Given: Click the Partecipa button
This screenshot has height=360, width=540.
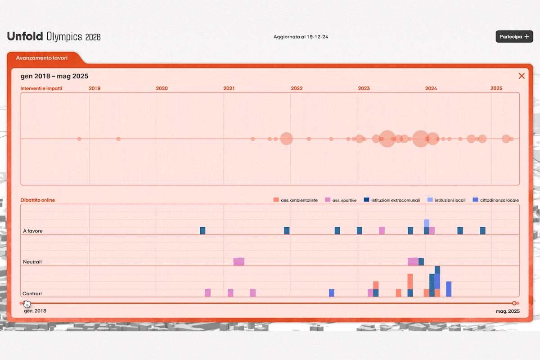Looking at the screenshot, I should (x=514, y=36).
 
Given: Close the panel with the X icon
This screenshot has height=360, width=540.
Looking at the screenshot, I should (x=522, y=76).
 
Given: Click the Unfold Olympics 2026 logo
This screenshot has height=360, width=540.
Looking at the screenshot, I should (x=54, y=37).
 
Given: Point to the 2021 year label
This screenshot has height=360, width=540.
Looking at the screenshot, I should (x=229, y=88).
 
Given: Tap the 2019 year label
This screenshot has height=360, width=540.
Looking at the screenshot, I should (x=94, y=88).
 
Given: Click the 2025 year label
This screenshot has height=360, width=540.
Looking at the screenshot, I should (x=496, y=88).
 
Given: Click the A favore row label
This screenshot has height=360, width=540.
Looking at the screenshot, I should (x=32, y=231).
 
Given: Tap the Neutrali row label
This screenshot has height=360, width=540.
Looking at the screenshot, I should (x=32, y=261).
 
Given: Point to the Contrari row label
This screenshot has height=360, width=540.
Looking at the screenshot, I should (x=32, y=293).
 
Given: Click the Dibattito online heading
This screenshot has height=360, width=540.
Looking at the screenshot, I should (x=38, y=200).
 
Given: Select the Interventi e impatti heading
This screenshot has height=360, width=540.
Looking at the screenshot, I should (x=41, y=88).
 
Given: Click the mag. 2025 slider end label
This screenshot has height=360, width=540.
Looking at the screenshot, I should (x=508, y=311).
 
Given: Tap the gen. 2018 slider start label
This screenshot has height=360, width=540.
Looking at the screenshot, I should (x=35, y=311).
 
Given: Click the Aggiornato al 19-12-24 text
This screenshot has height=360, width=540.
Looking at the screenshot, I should (x=301, y=36).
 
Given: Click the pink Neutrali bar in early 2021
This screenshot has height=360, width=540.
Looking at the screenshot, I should (x=239, y=261).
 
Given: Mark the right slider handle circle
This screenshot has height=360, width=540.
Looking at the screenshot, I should (x=514, y=303).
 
